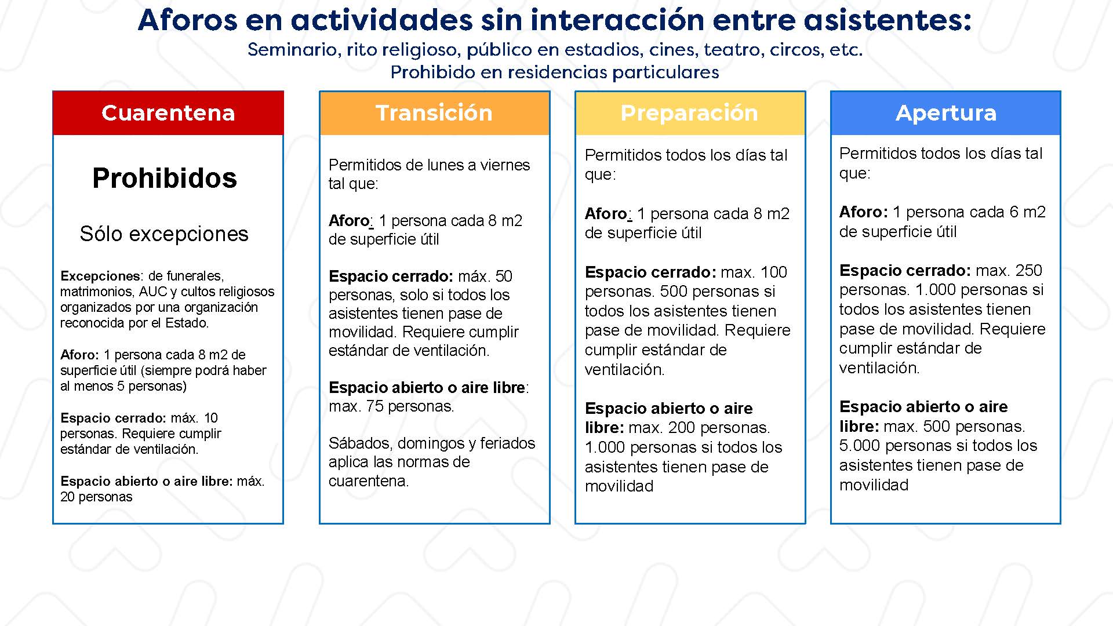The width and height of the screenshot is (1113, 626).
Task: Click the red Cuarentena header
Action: click(x=168, y=113)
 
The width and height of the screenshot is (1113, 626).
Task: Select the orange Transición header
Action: click(x=434, y=113)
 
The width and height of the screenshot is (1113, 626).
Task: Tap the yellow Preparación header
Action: click(x=690, y=113)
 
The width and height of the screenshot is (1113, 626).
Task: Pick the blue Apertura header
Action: click(x=945, y=113)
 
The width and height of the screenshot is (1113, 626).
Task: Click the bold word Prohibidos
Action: click(x=165, y=178)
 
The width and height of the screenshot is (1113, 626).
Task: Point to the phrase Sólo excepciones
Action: click(x=164, y=234)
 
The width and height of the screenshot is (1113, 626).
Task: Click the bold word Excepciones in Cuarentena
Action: click(x=100, y=276)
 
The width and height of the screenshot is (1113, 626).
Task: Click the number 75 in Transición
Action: click(x=374, y=406)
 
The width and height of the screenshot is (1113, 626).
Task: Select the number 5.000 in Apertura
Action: click(x=860, y=446)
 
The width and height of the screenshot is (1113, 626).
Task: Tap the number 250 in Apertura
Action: click(x=1029, y=271)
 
